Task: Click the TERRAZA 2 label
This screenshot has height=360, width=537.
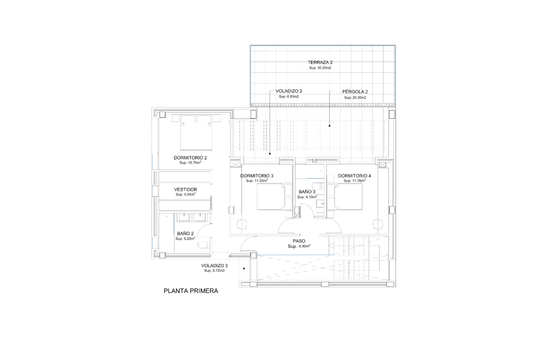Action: (320, 62)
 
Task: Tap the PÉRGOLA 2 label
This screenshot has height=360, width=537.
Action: (355, 92)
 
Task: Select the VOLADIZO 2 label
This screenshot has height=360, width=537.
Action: (289, 91)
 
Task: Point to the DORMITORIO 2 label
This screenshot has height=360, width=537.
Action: (190, 158)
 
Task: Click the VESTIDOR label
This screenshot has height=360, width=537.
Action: (185, 189)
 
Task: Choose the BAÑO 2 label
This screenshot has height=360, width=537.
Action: (185, 233)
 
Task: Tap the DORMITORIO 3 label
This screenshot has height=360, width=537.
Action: (257, 176)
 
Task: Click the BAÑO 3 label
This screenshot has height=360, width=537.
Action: (307, 192)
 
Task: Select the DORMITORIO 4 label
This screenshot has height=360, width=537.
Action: (354, 176)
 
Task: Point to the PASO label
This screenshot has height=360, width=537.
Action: (299, 241)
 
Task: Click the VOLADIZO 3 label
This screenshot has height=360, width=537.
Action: (214, 266)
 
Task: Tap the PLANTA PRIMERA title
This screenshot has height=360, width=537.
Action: (191, 291)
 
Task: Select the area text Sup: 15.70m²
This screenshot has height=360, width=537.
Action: (190, 162)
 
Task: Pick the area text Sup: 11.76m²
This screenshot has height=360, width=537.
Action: (354, 181)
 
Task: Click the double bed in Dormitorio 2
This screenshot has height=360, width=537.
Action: (196, 133)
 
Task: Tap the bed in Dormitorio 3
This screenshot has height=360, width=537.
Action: (270, 196)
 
